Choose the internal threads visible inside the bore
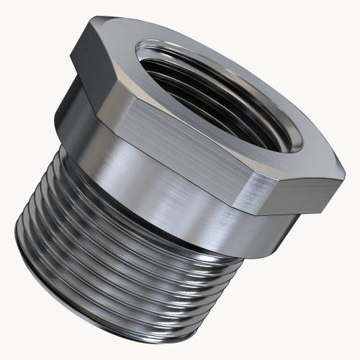tap(216, 108)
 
